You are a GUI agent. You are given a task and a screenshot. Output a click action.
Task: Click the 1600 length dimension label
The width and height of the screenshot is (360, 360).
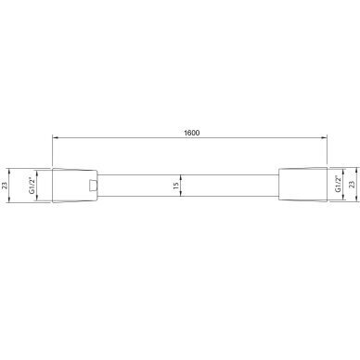(191, 133)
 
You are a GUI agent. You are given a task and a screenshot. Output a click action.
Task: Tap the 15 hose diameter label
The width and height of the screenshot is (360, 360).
(176, 186)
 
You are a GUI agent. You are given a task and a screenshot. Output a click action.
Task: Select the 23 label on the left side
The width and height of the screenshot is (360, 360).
(5, 186)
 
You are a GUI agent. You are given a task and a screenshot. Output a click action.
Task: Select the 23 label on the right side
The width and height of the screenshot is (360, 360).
(352, 185)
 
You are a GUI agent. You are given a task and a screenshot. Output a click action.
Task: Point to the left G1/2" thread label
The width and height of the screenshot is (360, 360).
(32, 186)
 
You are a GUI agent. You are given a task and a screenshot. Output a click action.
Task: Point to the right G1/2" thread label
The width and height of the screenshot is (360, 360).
(338, 184)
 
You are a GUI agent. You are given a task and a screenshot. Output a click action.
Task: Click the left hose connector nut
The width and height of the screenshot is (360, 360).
(75, 186)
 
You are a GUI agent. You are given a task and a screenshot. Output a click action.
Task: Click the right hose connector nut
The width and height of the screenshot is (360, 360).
(302, 185)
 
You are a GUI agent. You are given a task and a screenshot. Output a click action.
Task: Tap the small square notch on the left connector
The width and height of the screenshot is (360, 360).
(93, 185)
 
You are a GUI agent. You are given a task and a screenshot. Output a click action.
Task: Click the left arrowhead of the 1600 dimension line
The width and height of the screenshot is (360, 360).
(55, 137)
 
